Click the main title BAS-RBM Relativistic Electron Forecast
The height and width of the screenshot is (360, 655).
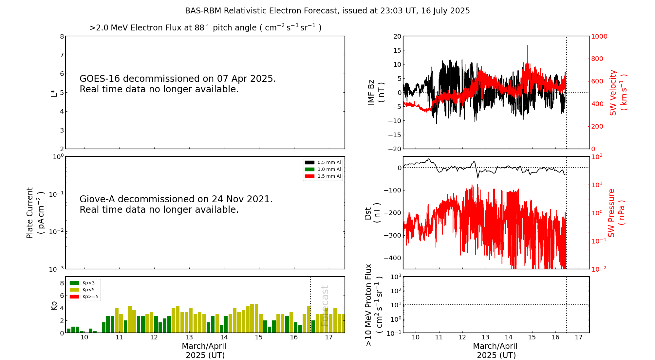(327, 11)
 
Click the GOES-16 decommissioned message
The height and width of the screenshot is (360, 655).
(178, 84)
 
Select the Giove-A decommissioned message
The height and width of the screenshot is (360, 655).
(176, 204)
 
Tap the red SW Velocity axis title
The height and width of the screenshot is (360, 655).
(618, 92)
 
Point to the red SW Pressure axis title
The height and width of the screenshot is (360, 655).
(616, 213)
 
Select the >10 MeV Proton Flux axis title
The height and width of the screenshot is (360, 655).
(374, 305)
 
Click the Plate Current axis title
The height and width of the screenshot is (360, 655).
(35, 213)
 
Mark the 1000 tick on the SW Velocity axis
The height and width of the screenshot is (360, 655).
(599, 36)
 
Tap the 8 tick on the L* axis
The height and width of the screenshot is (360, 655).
(62, 36)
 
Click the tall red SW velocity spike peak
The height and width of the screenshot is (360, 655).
(527, 46)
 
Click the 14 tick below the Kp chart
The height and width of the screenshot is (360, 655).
(224, 337)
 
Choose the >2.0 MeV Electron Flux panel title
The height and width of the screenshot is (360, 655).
(205, 27)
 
